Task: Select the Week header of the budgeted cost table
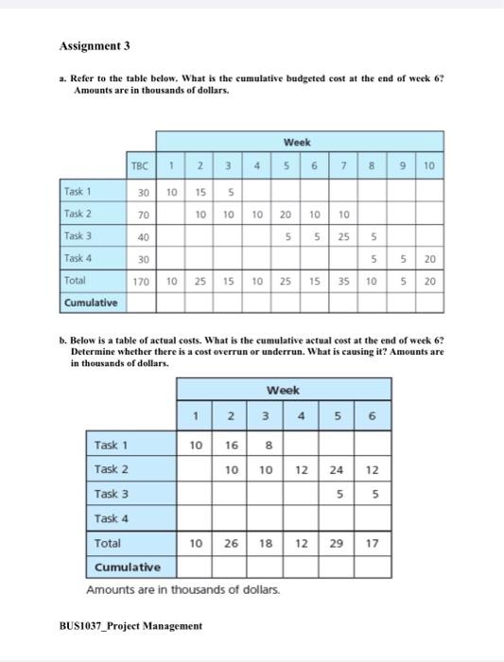[x=296, y=143]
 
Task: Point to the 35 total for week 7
[x=344, y=281]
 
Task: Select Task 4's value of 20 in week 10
[x=429, y=258]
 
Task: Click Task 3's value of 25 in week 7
[x=344, y=236]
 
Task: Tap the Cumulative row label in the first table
[x=92, y=303]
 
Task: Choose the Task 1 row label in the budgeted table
[x=78, y=192]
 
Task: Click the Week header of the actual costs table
[x=284, y=390]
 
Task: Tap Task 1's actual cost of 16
[x=231, y=444]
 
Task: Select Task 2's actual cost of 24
[x=338, y=469]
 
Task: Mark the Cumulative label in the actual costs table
[x=128, y=567]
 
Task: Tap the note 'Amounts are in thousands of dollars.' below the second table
[x=182, y=590]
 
